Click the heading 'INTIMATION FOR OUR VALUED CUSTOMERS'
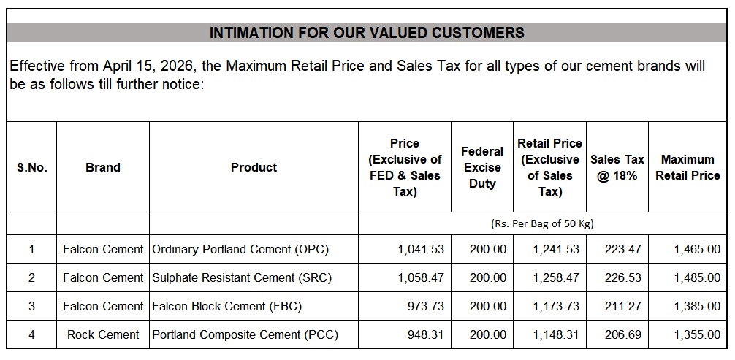pos(367,33)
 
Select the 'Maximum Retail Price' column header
pos(688,167)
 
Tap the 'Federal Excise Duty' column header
pos(482,167)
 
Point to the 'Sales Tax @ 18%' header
pos(617,167)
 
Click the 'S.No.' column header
pos(32,167)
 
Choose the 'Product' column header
pos(254,167)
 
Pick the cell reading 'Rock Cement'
pos(103,334)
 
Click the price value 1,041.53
pos(421,249)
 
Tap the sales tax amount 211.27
pos(622,306)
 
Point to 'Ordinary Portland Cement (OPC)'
pos(240,249)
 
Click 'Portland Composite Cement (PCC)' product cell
pos(245,334)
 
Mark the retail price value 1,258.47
pos(556,277)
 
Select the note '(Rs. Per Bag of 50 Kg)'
pos(547,223)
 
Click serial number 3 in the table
pos(31,306)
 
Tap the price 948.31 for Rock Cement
pos(425,334)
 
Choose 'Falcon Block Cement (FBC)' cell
pos(226,306)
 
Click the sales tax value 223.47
pos(622,249)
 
